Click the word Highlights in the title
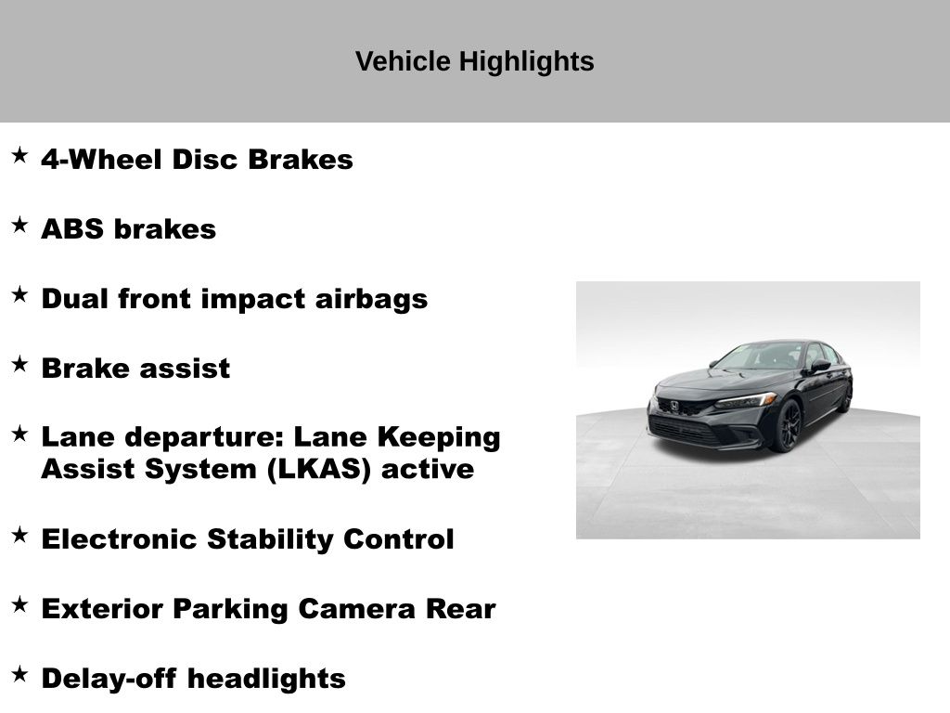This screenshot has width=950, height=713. [x=526, y=62]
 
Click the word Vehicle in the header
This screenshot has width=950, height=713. [x=403, y=61]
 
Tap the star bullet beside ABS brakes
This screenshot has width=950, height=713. [x=20, y=225]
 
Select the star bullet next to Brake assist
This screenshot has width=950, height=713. [x=20, y=364]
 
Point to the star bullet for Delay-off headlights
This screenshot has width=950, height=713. [x=20, y=674]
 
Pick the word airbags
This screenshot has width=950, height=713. [x=371, y=300]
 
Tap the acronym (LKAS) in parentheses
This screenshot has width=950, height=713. [x=319, y=470]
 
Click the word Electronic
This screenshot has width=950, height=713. [x=120, y=539]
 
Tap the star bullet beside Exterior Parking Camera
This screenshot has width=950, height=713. [x=20, y=603]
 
